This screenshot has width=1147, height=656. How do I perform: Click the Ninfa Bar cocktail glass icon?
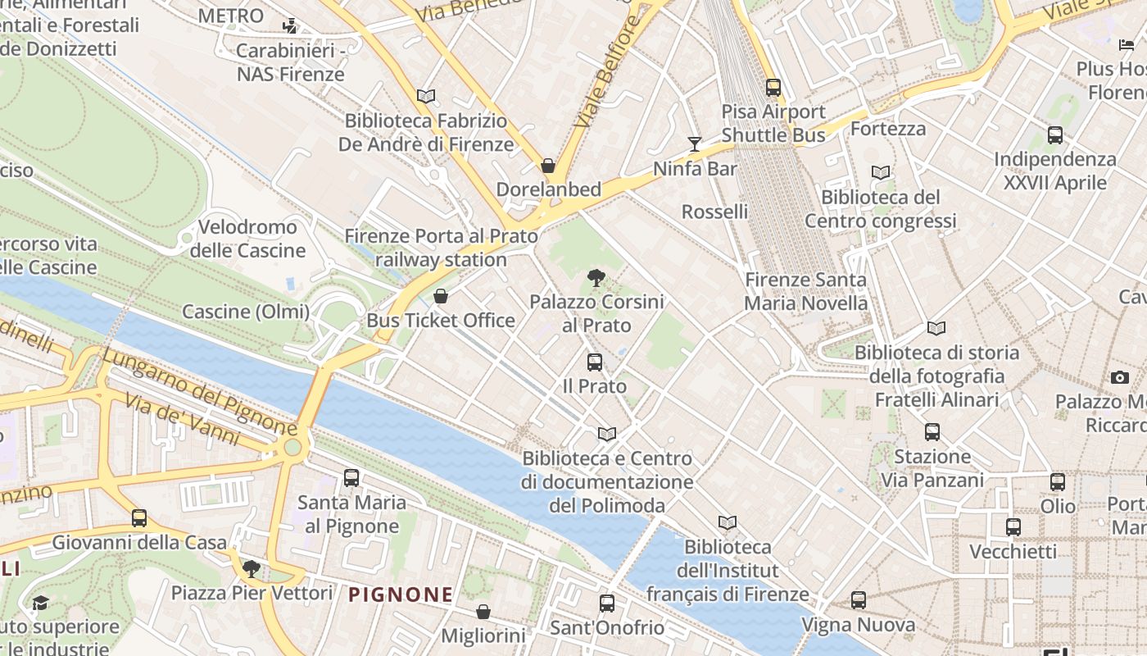point(695,144)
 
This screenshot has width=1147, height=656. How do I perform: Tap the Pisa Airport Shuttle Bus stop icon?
point(773,87)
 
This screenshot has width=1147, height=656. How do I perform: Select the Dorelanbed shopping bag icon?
point(548,166)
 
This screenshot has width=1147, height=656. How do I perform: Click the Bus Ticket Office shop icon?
point(441,296)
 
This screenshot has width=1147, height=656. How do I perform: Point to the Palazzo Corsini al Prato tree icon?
point(596,278)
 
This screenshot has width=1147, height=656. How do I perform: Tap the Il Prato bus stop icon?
point(595,362)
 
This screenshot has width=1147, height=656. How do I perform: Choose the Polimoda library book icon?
point(607,434)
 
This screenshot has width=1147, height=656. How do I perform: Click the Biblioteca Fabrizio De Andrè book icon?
point(426,97)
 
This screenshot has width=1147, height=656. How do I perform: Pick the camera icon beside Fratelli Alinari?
point(1120,377)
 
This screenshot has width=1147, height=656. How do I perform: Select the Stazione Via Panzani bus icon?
point(932,432)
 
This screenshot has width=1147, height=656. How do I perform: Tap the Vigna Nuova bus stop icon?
point(858,600)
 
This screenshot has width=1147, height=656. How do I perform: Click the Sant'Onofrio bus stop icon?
point(606,604)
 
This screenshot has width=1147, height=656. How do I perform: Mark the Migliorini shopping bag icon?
point(483,612)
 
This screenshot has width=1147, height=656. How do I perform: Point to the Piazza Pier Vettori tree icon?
point(252,568)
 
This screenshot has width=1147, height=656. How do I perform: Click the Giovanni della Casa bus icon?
point(139,518)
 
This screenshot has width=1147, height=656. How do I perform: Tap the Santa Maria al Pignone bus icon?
point(351,477)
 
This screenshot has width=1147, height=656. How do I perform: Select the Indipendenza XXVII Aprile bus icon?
point(1055,135)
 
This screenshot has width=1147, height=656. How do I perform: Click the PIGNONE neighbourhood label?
point(401,594)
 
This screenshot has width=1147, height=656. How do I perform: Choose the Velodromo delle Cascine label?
point(247,239)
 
